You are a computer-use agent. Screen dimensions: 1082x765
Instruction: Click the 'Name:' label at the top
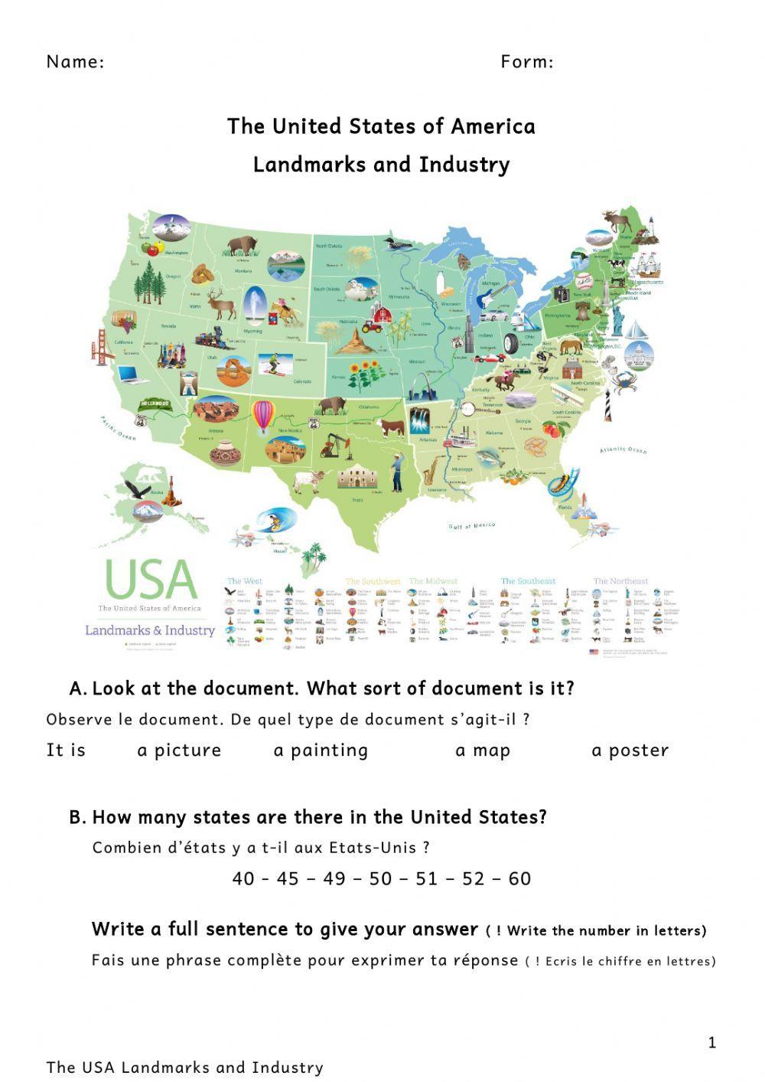click(75, 62)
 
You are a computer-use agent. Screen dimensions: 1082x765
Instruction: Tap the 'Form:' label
click(526, 62)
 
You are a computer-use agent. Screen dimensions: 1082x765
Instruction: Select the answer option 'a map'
click(482, 750)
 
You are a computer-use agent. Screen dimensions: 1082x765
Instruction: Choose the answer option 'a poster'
click(630, 750)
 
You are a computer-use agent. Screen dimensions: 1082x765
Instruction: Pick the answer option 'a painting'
click(321, 750)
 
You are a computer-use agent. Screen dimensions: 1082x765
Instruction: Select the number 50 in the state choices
click(380, 878)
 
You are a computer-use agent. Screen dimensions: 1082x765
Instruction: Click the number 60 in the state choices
click(519, 878)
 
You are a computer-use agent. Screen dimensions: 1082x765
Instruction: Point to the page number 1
click(712, 1042)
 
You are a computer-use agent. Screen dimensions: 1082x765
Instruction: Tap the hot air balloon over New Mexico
click(263, 417)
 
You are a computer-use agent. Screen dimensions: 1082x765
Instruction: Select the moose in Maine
click(616, 221)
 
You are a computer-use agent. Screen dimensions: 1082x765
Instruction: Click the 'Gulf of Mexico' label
click(472, 526)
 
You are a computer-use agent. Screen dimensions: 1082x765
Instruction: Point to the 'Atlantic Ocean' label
click(623, 450)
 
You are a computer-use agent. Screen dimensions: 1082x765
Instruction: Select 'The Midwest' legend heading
click(433, 581)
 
